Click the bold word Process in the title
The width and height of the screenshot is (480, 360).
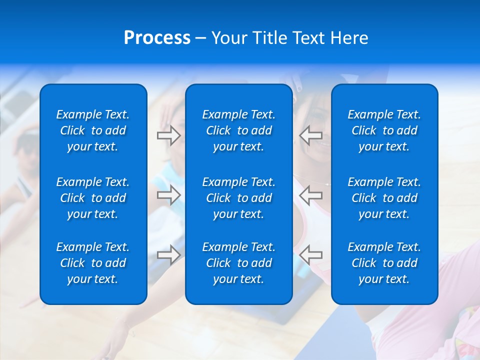(x=157, y=38)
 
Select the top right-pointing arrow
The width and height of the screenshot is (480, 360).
(x=168, y=135)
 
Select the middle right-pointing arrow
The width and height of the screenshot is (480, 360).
(x=168, y=195)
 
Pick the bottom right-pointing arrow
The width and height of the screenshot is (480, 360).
(x=168, y=254)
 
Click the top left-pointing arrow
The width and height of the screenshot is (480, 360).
(x=311, y=135)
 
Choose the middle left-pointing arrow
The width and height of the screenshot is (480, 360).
(x=311, y=195)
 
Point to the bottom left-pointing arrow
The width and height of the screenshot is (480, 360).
(x=311, y=254)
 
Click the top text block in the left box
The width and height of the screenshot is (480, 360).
(x=93, y=130)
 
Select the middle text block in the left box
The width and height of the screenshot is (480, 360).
(x=93, y=198)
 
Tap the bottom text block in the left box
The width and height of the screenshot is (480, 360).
(x=93, y=263)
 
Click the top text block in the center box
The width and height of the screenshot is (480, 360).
(x=238, y=130)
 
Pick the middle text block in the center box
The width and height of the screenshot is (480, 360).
(x=238, y=198)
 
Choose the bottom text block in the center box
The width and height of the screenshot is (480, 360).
(x=238, y=263)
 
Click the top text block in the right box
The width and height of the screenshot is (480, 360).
(x=384, y=130)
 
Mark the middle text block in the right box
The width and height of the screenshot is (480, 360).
(x=384, y=198)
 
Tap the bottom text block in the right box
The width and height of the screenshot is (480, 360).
(x=384, y=263)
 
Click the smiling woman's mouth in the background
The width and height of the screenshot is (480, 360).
(x=322, y=146)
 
